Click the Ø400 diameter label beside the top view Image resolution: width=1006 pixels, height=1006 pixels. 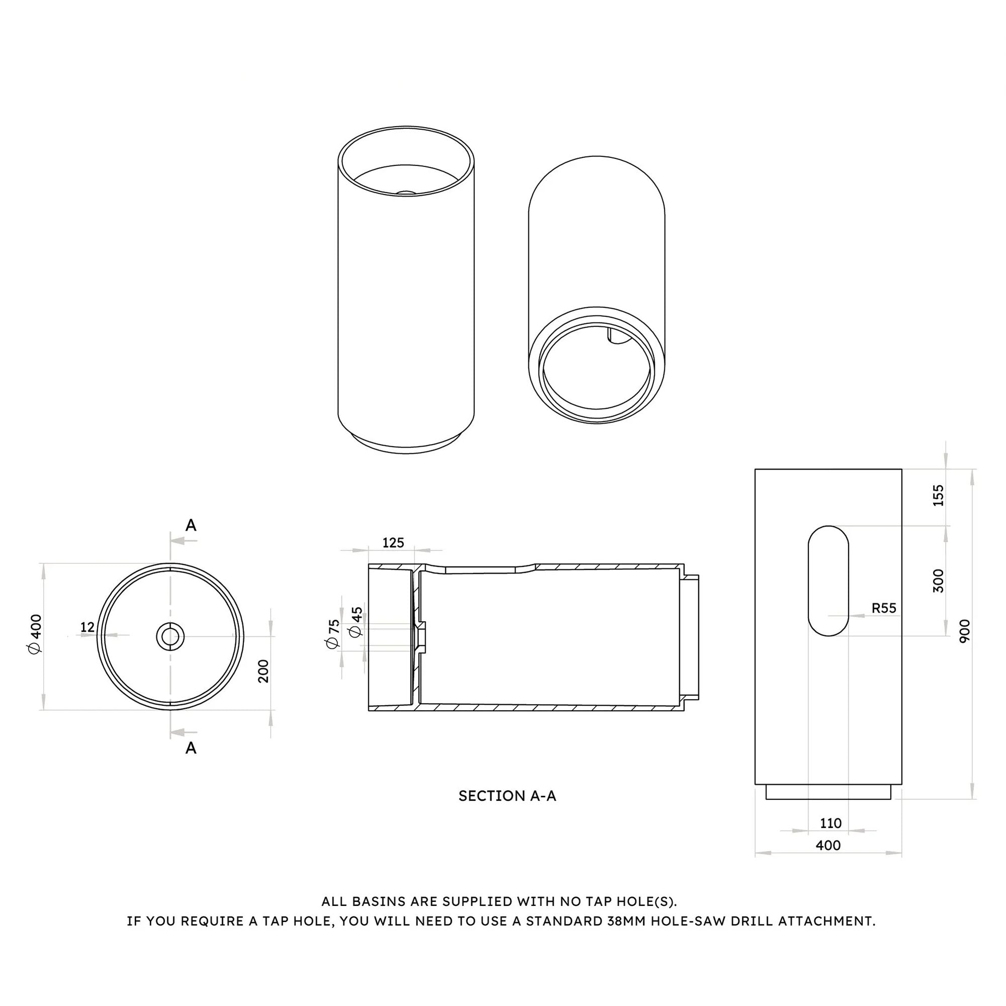tap(36, 634)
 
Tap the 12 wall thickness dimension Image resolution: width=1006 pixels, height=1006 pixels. tap(88, 627)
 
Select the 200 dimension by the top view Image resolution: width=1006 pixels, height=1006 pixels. tap(264, 670)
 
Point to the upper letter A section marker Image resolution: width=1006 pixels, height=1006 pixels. tap(191, 526)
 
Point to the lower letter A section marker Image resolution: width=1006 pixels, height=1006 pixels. tap(191, 748)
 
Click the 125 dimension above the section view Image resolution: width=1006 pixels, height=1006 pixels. tap(393, 543)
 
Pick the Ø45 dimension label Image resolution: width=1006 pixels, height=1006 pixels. tap(357, 622)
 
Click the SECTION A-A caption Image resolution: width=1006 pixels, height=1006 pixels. tap(507, 796)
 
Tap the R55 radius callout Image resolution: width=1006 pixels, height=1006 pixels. tap(884, 608)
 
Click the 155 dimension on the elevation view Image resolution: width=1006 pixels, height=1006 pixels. tap(938, 495)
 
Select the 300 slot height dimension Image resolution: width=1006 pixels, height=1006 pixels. tap(938, 580)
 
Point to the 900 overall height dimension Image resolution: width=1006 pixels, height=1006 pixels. tap(965, 631)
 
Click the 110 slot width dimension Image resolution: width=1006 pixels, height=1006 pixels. tap(830, 823)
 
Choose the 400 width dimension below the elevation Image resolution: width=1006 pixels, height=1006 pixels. tap(828, 845)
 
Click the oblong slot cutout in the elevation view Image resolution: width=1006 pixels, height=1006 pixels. tap(828, 580)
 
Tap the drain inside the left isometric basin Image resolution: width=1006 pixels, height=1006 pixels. tap(406, 193)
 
